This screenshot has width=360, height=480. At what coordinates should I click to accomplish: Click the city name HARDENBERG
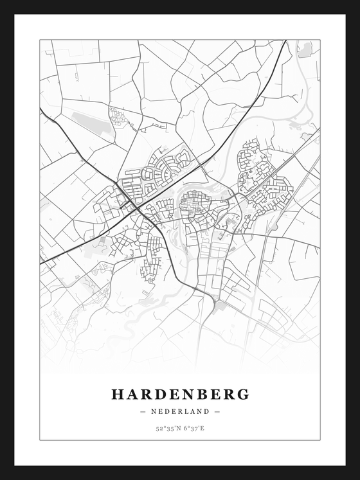tap(180, 395)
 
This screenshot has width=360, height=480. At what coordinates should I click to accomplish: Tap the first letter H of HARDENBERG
tap(118, 395)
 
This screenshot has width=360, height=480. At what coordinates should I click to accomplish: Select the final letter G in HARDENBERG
tap(242, 395)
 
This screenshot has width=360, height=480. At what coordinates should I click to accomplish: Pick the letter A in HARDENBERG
tap(132, 395)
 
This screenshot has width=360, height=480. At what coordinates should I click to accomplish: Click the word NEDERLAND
tap(180, 412)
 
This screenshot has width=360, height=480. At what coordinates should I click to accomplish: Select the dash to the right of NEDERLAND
tap(217, 412)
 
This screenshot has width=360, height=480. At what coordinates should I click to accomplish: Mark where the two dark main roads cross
tap(136, 207)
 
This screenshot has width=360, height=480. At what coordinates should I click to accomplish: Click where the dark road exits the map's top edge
tap(285, 41)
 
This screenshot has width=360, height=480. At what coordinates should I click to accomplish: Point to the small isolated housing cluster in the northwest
tap(118, 118)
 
